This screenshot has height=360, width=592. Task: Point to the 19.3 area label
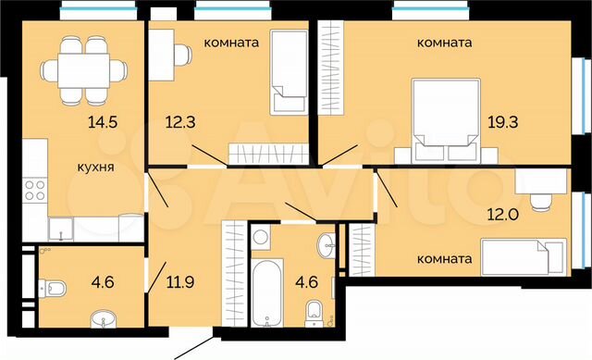505,120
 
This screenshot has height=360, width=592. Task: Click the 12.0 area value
505,212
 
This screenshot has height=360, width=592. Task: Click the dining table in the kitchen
82,68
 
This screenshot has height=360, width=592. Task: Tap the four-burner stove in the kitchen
35,192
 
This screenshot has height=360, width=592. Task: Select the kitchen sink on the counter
61,226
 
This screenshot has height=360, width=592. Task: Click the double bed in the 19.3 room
446,113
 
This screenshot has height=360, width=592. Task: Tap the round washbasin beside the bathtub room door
325,246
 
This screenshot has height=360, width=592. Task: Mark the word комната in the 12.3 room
230,43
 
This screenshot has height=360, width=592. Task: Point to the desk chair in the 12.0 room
541,199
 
